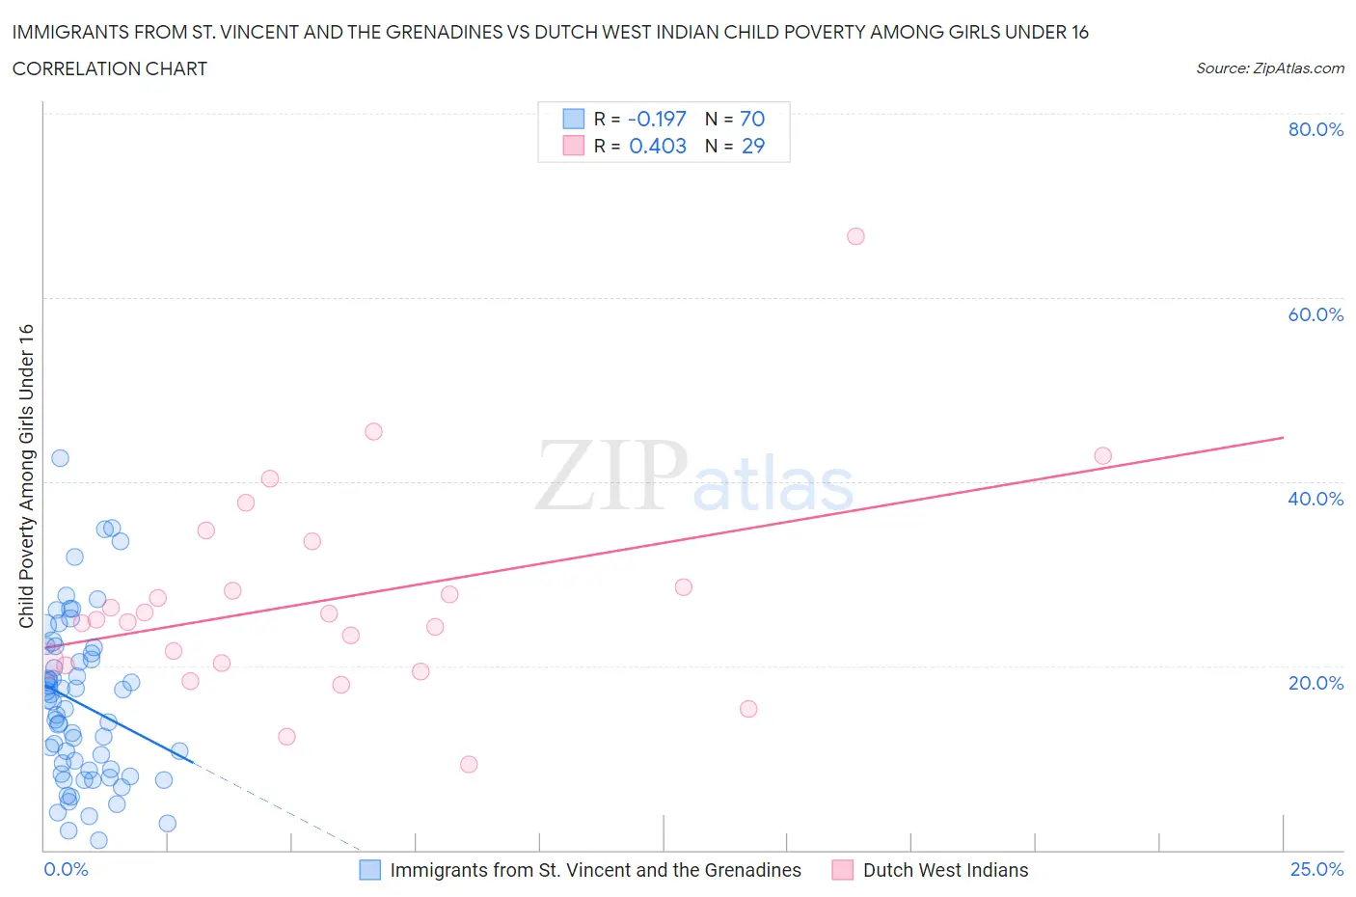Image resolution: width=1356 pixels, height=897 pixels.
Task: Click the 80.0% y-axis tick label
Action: click(1315, 129)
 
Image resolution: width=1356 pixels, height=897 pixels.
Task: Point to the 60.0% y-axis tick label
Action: click(1315, 314)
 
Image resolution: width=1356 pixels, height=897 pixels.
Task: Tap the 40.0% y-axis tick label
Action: click(1315, 499)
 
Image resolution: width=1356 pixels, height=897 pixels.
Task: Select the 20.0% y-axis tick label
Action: click(1315, 683)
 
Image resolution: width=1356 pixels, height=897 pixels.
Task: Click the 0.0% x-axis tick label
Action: click(66, 869)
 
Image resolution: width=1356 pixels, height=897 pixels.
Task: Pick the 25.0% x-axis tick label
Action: click(1316, 869)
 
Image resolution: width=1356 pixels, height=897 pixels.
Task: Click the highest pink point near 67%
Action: click(855, 236)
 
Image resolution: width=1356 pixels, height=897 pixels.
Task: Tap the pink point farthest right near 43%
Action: click(1102, 455)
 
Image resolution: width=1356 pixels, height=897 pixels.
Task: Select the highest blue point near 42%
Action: click(60, 458)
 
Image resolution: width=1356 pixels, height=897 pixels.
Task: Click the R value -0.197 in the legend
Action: click(657, 119)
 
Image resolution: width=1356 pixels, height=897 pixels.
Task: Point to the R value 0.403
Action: click(658, 146)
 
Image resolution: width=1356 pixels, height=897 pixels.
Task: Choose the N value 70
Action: click(752, 119)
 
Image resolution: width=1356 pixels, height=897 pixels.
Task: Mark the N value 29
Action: click(752, 146)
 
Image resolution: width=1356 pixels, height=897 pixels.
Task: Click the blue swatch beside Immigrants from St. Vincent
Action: click(369, 870)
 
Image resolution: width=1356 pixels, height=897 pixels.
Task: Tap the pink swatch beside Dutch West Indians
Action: click(843, 870)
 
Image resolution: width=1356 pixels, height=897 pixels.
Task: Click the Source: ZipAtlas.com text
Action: click(1269, 68)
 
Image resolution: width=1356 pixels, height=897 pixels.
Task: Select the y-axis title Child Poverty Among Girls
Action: click(26, 476)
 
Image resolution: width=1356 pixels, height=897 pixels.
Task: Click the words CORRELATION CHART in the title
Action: click(110, 68)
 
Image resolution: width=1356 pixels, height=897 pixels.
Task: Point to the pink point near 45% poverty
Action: click(373, 431)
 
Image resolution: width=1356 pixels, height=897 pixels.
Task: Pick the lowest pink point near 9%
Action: click(469, 764)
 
